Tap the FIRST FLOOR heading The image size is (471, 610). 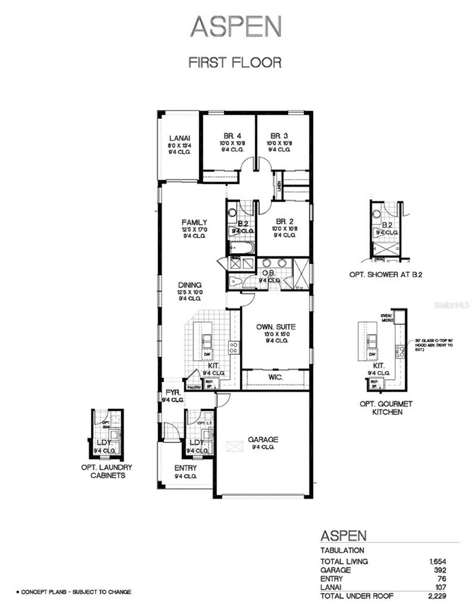[x=235, y=63]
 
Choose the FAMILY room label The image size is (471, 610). [x=195, y=222]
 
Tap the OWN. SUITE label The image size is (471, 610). [x=276, y=327]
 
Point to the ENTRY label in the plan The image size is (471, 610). [x=185, y=468]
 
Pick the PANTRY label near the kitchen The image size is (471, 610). [x=194, y=387]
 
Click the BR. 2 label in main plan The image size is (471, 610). [x=284, y=222]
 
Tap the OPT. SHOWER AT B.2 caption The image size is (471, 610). [x=386, y=274]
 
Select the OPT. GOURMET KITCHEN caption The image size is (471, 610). [x=385, y=408]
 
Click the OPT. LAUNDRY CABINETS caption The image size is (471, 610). [x=107, y=471]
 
